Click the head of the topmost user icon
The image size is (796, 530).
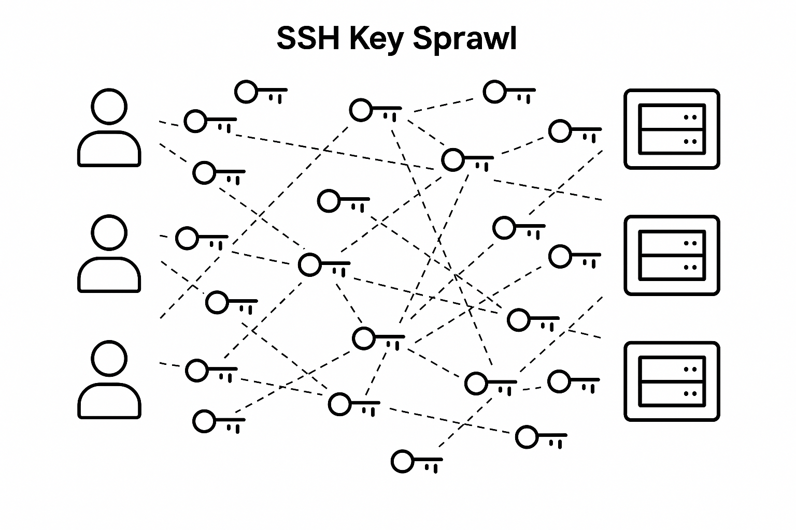pos(109,107)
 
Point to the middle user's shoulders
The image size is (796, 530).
pos(109,274)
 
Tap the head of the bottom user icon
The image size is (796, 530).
pos(109,358)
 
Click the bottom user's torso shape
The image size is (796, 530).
pos(109,401)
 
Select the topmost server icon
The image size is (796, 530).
pos(672,129)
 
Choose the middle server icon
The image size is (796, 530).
pos(672,255)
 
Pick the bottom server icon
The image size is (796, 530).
pos(672,381)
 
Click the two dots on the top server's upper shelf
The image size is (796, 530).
pos(690,117)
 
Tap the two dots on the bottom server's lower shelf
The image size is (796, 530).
pos(690,393)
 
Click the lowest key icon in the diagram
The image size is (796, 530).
pos(416,462)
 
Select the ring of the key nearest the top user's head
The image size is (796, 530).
pos(195,121)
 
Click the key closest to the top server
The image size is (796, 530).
pos(575,132)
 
